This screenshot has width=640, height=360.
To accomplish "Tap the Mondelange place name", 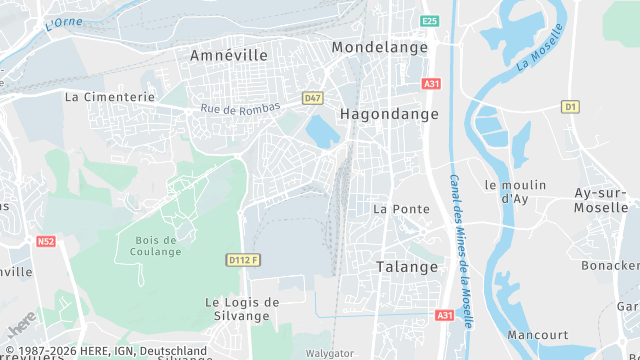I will coord(379,47).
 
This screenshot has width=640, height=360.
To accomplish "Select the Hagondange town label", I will coord(389,114).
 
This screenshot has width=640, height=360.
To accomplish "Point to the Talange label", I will coord(407,267).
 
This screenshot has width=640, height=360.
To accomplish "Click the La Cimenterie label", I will coord(110,97).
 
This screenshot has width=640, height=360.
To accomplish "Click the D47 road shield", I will coord(313,98).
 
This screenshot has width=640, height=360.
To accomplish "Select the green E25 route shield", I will coord(430,21).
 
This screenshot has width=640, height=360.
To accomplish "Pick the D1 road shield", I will coord(570,106).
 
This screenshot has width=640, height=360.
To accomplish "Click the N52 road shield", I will coord(46,241).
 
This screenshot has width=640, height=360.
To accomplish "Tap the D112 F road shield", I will coord(243,260).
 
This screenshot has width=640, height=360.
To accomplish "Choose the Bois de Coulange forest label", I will coord(153,245).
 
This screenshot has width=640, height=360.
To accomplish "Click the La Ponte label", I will coord(401,209).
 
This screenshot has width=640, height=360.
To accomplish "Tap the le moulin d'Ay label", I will coord(514,191).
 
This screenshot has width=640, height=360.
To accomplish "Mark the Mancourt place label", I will coord(538,335).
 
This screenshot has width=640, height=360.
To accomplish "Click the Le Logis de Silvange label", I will coord(242,308).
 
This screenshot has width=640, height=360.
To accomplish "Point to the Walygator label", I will coord(329,353).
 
